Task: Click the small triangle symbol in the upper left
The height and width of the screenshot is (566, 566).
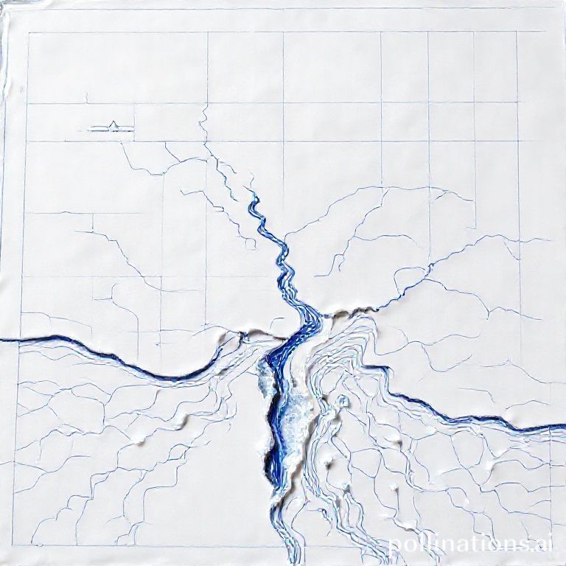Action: tap(113, 125)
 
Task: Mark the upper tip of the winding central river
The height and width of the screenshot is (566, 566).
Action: tap(252, 193)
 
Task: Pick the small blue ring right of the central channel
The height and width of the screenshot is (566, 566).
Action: tap(342, 402)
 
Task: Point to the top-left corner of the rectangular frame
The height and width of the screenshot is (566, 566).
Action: tap(28, 32)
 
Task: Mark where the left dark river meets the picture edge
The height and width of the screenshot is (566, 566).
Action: tap(1, 340)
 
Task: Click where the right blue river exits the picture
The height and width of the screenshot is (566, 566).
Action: tap(564, 427)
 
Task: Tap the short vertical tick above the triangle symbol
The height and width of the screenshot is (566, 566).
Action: tap(87, 97)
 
